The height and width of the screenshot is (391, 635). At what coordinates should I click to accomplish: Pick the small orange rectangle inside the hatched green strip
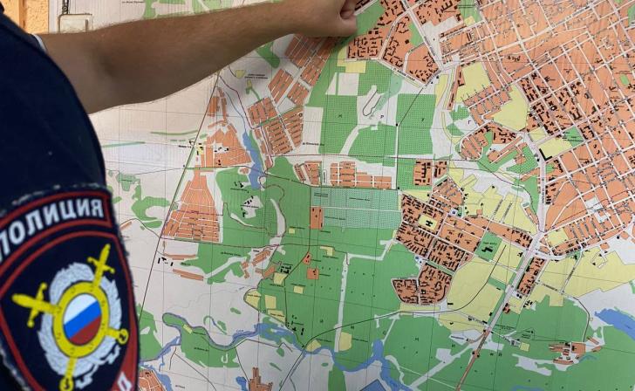click(316, 216)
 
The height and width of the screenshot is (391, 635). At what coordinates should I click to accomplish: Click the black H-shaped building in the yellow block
click(427, 222)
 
